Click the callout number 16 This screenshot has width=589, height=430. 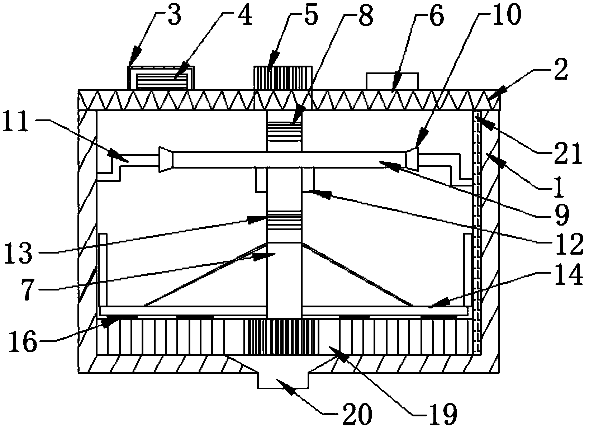coord(23,341)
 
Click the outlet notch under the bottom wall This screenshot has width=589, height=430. coord(283,379)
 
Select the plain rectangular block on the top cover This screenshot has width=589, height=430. coord(392,81)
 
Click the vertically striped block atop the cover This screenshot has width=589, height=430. coord(282,78)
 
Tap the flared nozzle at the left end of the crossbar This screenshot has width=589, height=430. coord(165,160)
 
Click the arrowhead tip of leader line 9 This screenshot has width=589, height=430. coord(379,162)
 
